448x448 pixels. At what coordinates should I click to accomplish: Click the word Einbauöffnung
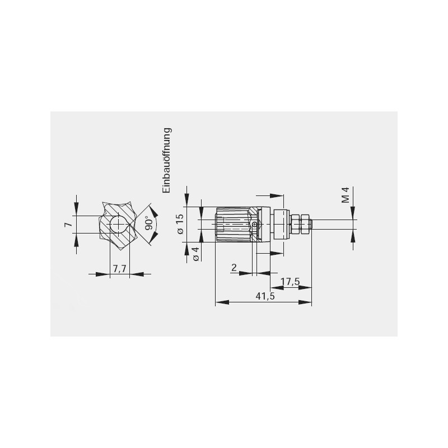[167, 160]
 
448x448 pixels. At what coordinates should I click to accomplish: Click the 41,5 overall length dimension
[265, 296]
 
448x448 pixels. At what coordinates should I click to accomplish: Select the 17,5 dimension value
[290, 282]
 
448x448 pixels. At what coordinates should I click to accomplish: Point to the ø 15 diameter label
[180, 224]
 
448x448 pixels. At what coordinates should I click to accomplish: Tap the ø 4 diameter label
[196, 254]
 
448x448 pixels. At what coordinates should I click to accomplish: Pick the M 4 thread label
[346, 195]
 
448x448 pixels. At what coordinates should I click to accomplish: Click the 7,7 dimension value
[119, 268]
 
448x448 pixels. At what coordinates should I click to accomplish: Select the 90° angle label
[148, 225]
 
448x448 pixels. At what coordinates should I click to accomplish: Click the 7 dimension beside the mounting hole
[68, 225]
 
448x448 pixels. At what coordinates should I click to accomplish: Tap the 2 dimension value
[234, 268]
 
